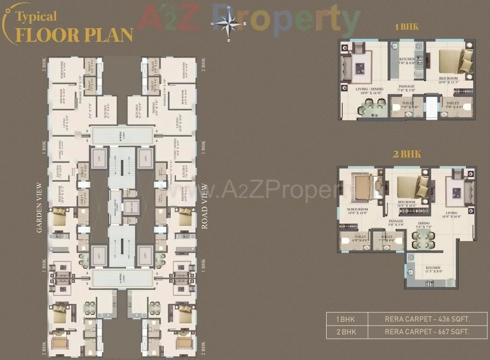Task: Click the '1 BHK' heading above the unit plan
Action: pyautogui.click(x=406, y=27)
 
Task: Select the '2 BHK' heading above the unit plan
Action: pyautogui.click(x=407, y=155)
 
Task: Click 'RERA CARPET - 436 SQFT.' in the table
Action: pyautogui.click(x=427, y=319)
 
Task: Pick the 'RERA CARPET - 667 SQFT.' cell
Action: pyautogui.click(x=427, y=332)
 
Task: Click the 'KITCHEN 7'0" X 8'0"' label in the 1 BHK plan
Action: pyautogui.click(x=407, y=61)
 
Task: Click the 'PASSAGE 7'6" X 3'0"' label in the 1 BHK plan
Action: pyautogui.click(x=406, y=88)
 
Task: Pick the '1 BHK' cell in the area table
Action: pyautogui.click(x=347, y=319)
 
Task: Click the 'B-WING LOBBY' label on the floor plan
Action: pyautogui.click(x=122, y=135)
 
